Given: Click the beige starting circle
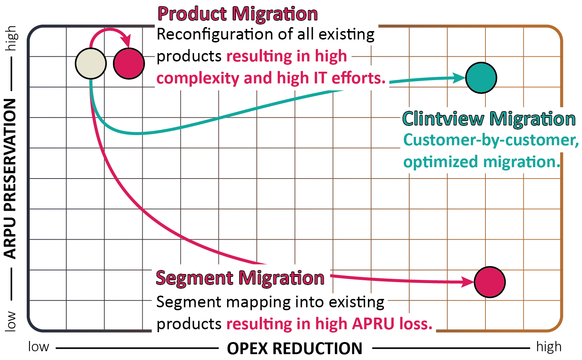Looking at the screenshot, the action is pyautogui.click(x=91, y=63).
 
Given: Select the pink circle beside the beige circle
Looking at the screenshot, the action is pyautogui.click(x=129, y=63).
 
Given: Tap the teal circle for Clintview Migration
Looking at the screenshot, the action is pyautogui.click(x=481, y=78).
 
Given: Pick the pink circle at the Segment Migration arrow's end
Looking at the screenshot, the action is pyautogui.click(x=490, y=282).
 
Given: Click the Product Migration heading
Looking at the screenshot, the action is pyautogui.click(x=238, y=14).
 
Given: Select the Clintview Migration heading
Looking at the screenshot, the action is pyautogui.click(x=489, y=119).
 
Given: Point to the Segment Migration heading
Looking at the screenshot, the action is pyautogui.click(x=240, y=278).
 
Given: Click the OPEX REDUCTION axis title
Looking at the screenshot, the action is pyautogui.click(x=294, y=349).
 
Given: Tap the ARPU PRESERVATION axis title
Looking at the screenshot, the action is pyautogui.click(x=10, y=179).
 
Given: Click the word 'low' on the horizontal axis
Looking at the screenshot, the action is pyautogui.click(x=38, y=347).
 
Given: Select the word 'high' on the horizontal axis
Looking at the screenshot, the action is pyautogui.click(x=549, y=347).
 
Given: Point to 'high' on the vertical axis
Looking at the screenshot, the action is pyautogui.click(x=11, y=38).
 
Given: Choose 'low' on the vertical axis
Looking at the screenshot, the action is pyautogui.click(x=10, y=322).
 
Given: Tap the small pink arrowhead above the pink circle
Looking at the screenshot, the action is pyautogui.click(x=127, y=42).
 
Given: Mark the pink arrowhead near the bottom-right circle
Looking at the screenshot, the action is pyautogui.click(x=468, y=282).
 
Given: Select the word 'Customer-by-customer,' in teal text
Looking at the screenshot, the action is pyautogui.click(x=491, y=140).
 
